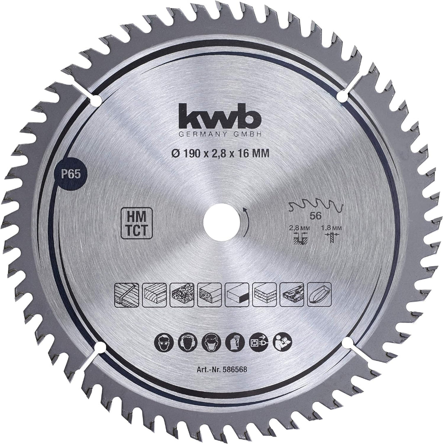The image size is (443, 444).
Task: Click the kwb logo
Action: (x=219, y=116)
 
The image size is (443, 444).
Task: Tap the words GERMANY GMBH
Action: (x=220, y=135)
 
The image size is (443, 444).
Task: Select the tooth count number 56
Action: (x=315, y=216)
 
